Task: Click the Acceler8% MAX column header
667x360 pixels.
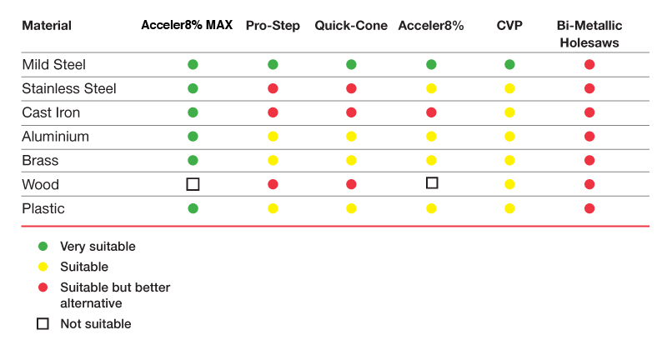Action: point(187,25)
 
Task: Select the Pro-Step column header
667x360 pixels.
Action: point(273,26)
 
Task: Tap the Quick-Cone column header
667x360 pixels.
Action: point(351,26)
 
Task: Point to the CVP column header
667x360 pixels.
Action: point(509,26)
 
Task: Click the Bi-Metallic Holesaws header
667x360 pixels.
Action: point(589,34)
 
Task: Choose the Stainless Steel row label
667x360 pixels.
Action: point(69,88)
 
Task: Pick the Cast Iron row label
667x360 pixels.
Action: point(51,112)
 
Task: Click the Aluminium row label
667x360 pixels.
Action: point(55,137)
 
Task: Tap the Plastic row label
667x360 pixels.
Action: point(43,208)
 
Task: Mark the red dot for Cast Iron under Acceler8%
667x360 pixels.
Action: point(431,112)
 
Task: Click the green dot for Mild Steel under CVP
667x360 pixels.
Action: point(509,65)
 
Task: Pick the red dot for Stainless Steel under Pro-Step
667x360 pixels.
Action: point(273,88)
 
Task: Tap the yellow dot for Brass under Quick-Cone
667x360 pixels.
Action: point(351,160)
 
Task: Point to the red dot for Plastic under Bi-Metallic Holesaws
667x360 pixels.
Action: point(589,208)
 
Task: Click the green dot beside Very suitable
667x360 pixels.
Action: point(43,246)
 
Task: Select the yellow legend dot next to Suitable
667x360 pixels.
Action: point(43,267)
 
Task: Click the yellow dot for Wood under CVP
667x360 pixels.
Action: point(509,184)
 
